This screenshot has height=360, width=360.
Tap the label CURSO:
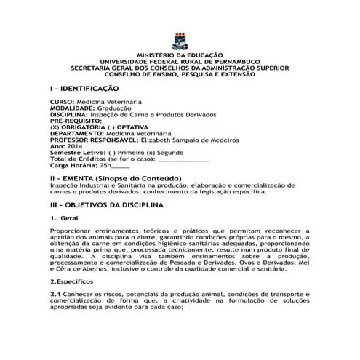(62, 103)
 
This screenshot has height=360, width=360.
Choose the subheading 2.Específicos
(76, 280)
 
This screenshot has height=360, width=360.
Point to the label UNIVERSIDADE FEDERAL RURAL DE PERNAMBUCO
(181, 63)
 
